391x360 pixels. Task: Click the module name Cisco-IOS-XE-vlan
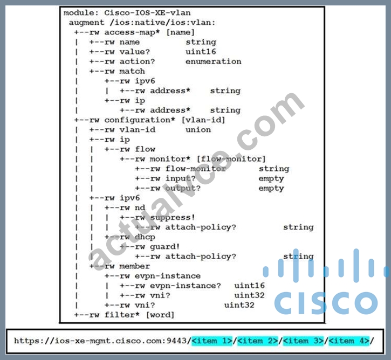147,13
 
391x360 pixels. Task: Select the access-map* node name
132,32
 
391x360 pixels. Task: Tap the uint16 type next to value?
201,52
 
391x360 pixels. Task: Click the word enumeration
213,61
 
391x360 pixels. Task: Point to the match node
132,71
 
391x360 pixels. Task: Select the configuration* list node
140,120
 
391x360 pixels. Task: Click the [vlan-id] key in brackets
203,120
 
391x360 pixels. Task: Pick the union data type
198,130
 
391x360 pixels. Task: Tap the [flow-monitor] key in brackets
231,159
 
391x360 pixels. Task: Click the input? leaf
180,178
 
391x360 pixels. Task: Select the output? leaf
183,188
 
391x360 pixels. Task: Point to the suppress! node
172,218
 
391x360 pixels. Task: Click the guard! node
165,247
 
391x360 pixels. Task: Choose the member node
134,266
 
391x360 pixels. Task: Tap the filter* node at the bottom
122,315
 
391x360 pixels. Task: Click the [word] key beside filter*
160,315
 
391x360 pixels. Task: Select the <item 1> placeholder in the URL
212,341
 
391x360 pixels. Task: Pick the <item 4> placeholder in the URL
349,341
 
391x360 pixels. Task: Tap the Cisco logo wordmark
326,302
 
